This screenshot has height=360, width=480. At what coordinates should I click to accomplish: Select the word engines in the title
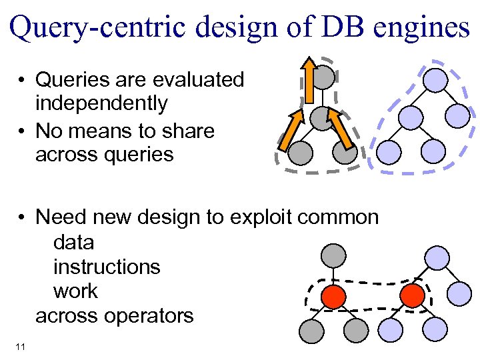point(426,29)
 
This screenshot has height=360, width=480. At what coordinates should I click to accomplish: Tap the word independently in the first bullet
point(101,104)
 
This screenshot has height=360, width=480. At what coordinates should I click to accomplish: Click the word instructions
point(107,267)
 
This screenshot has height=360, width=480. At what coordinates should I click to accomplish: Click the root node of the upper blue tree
point(436,81)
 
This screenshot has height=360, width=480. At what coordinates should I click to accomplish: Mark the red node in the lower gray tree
point(333,296)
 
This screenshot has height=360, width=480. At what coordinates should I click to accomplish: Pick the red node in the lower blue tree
point(413,295)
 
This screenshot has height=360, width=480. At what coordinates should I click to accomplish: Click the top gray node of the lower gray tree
point(333,255)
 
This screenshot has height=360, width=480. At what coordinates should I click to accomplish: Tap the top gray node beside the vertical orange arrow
point(324,78)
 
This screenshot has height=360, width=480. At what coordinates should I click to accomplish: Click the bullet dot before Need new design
point(23,218)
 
